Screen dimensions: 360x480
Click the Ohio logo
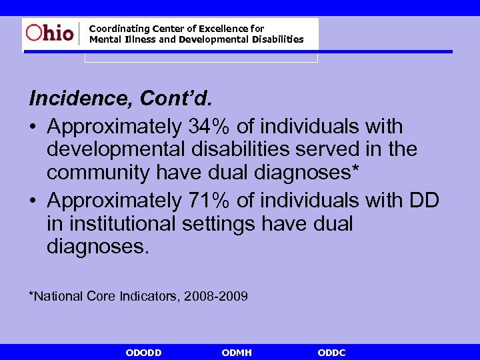pyautogui.click(x=50, y=33)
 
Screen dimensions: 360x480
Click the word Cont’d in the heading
pyautogui.click(x=175, y=99)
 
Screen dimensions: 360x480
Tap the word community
pyautogui.click(x=98, y=173)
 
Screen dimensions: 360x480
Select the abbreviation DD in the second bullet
pyautogui.click(x=423, y=200)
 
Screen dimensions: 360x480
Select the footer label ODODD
pyautogui.click(x=143, y=353)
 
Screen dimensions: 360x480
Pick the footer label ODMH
pyautogui.click(x=237, y=353)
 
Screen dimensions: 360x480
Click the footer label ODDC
pyautogui.click(x=331, y=353)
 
